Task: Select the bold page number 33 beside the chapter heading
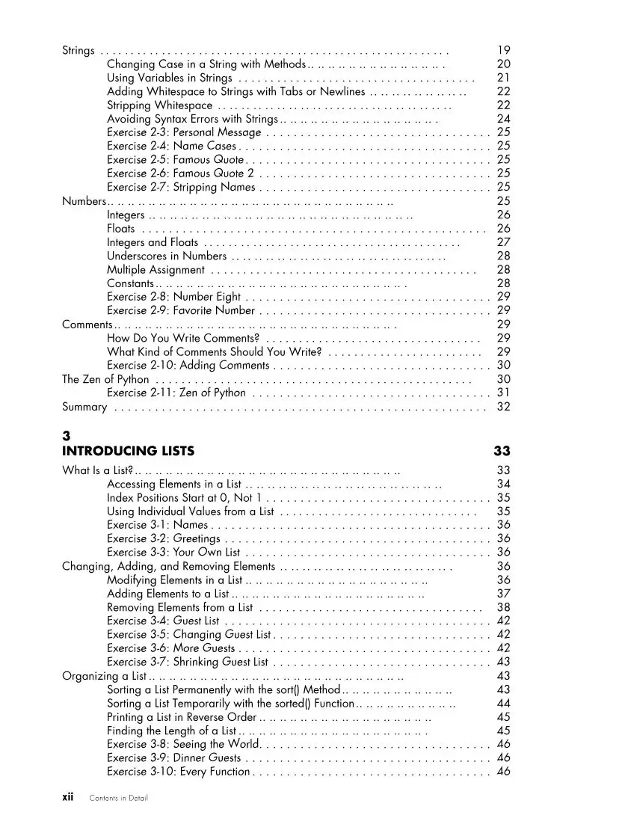coord(502,451)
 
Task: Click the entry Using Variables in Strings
coord(170,78)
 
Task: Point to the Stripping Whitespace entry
coord(160,105)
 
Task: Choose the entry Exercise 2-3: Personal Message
coord(184,132)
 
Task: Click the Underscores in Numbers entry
coord(167,256)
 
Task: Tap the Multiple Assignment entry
coord(156,269)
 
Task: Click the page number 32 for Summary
coord(503,407)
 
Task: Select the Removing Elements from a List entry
coord(180,607)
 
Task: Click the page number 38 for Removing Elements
coord(503,607)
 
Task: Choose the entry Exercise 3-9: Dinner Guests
coord(173,757)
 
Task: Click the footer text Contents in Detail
coord(118,798)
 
